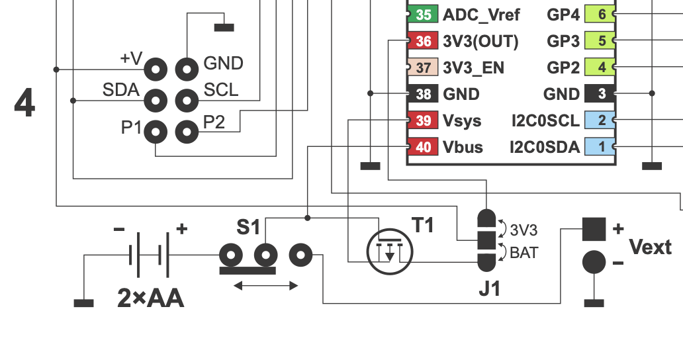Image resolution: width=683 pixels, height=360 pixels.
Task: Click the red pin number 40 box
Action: (x=423, y=147)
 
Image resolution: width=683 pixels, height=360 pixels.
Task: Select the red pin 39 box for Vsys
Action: (x=423, y=120)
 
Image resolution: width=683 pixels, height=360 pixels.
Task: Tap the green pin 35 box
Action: (x=423, y=15)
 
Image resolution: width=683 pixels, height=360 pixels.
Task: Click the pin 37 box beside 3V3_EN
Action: (x=423, y=67)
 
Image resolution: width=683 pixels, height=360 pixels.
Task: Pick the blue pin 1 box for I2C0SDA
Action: (x=601, y=147)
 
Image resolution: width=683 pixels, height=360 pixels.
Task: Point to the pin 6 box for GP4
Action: (x=601, y=15)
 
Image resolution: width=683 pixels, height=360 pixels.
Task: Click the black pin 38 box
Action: (x=423, y=94)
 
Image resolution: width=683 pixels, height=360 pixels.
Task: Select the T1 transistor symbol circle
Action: (x=390, y=251)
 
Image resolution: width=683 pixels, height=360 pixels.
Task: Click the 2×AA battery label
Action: (x=150, y=299)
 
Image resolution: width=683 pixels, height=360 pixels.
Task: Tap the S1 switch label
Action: (x=249, y=228)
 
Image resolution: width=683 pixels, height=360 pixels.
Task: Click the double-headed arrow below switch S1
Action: (x=266, y=286)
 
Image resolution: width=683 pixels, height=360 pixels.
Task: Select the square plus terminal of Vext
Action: (x=594, y=229)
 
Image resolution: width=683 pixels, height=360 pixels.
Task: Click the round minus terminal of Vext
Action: (x=594, y=263)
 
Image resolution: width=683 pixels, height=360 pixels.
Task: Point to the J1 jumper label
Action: (x=490, y=289)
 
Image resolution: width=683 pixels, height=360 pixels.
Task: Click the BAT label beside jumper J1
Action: (x=523, y=252)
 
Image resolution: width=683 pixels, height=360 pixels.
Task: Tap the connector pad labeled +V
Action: (x=156, y=68)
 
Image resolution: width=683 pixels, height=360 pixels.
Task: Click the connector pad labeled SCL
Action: (x=187, y=101)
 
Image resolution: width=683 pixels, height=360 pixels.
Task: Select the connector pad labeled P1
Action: (x=156, y=132)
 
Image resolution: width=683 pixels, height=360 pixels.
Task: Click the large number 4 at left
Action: (x=24, y=104)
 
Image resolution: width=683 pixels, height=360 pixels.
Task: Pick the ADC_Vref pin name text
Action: (x=481, y=15)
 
